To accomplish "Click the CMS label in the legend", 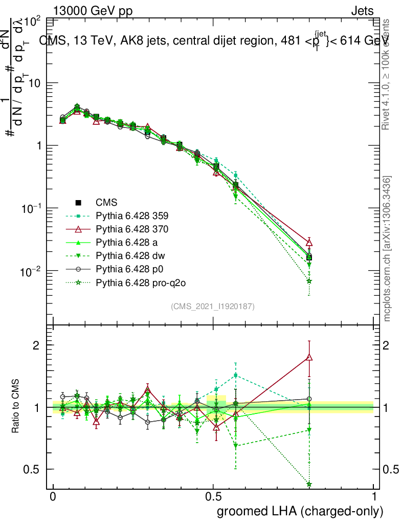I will (x=106, y=202).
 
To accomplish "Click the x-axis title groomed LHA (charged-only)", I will (x=301, y=511).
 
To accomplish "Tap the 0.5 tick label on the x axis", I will (x=213, y=497).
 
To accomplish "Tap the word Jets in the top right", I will (x=362, y=11).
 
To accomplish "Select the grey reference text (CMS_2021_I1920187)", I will (x=213, y=306).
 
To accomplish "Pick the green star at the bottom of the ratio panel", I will (x=309, y=484).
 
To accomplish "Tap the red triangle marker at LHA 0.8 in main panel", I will (x=309, y=243).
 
